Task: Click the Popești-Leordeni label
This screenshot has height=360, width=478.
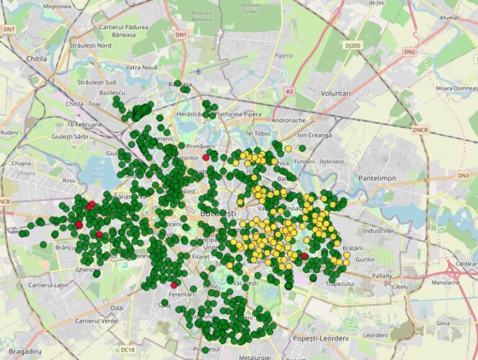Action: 321,339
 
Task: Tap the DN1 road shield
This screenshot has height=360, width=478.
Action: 181,35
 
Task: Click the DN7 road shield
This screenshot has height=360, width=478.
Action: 8,29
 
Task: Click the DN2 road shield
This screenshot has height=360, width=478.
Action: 409,52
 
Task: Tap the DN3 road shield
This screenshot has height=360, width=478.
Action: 463,176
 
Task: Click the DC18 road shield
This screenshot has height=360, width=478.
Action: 128,350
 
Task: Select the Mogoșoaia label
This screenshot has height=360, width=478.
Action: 58,6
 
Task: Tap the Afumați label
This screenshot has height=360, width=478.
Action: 449,19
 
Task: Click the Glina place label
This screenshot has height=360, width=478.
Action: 443,323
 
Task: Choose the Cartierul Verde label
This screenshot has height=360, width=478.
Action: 96,321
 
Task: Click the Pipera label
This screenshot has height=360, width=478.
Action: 283,55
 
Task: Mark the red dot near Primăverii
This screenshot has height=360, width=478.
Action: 206,157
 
